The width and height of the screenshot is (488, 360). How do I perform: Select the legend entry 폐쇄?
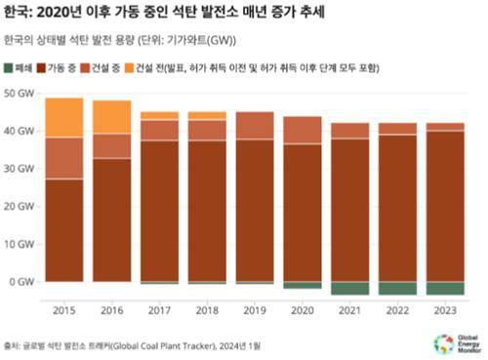[22, 69]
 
